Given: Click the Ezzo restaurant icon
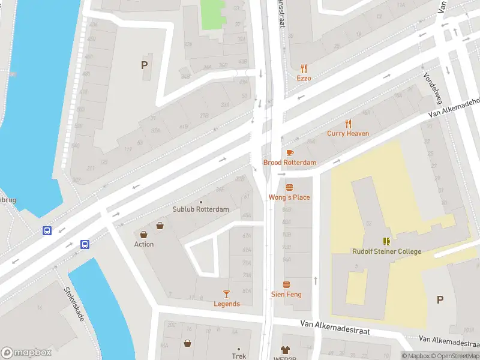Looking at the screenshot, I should [x=304, y=68].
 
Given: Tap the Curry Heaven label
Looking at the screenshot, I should [x=348, y=133].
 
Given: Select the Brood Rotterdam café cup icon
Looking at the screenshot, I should [x=290, y=153].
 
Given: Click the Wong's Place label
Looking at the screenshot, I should [x=289, y=197].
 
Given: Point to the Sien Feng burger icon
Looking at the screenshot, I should [x=286, y=285].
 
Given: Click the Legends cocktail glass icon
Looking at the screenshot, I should [x=226, y=293].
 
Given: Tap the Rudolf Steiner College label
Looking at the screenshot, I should [x=386, y=251].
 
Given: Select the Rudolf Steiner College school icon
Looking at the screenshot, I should [x=386, y=241].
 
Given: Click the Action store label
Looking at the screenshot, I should [x=144, y=244].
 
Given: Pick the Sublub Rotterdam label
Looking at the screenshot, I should [x=200, y=209].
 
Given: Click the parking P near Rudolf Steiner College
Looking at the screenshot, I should [x=440, y=299].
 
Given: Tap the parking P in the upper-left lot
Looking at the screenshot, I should [x=144, y=65].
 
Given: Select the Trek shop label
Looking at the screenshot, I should [x=239, y=356].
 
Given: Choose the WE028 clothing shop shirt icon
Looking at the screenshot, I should [x=285, y=349].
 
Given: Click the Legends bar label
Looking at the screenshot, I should [x=227, y=304].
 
